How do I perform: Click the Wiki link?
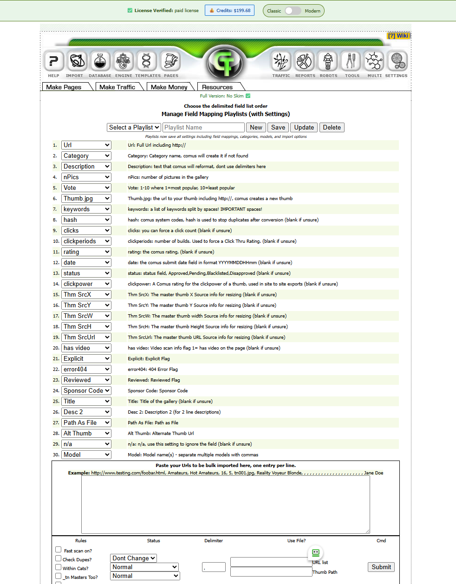(x=399, y=36)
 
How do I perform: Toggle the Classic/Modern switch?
(x=293, y=11)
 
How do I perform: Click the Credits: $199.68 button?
(x=229, y=10)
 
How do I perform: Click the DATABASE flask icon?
(x=100, y=61)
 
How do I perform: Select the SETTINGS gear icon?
(x=396, y=61)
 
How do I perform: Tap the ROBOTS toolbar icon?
(x=328, y=61)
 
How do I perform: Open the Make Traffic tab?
(x=117, y=87)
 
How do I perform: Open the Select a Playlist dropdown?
(x=134, y=127)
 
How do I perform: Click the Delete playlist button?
(x=332, y=127)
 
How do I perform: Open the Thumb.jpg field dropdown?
(x=86, y=198)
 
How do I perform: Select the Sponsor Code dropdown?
(x=86, y=390)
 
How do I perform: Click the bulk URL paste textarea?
(x=226, y=504)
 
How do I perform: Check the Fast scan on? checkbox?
(x=59, y=550)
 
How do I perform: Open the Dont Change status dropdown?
(x=134, y=558)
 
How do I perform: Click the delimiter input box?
(x=214, y=567)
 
